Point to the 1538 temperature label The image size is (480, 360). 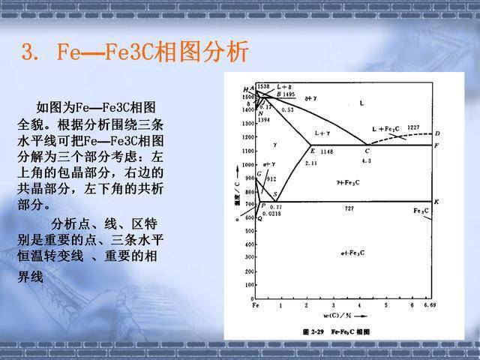[262, 87]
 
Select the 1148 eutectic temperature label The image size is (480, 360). [326, 152]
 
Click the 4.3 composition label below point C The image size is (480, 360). [367, 161]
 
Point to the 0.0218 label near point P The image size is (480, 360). [272, 214]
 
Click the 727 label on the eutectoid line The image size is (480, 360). [349, 208]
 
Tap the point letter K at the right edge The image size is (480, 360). [436, 201]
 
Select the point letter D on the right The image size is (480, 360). [436, 133]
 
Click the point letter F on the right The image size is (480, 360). [436, 144]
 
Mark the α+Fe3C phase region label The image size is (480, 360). [352, 253]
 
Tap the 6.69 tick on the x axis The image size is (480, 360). [429, 306]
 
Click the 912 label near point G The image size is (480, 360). [271, 179]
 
